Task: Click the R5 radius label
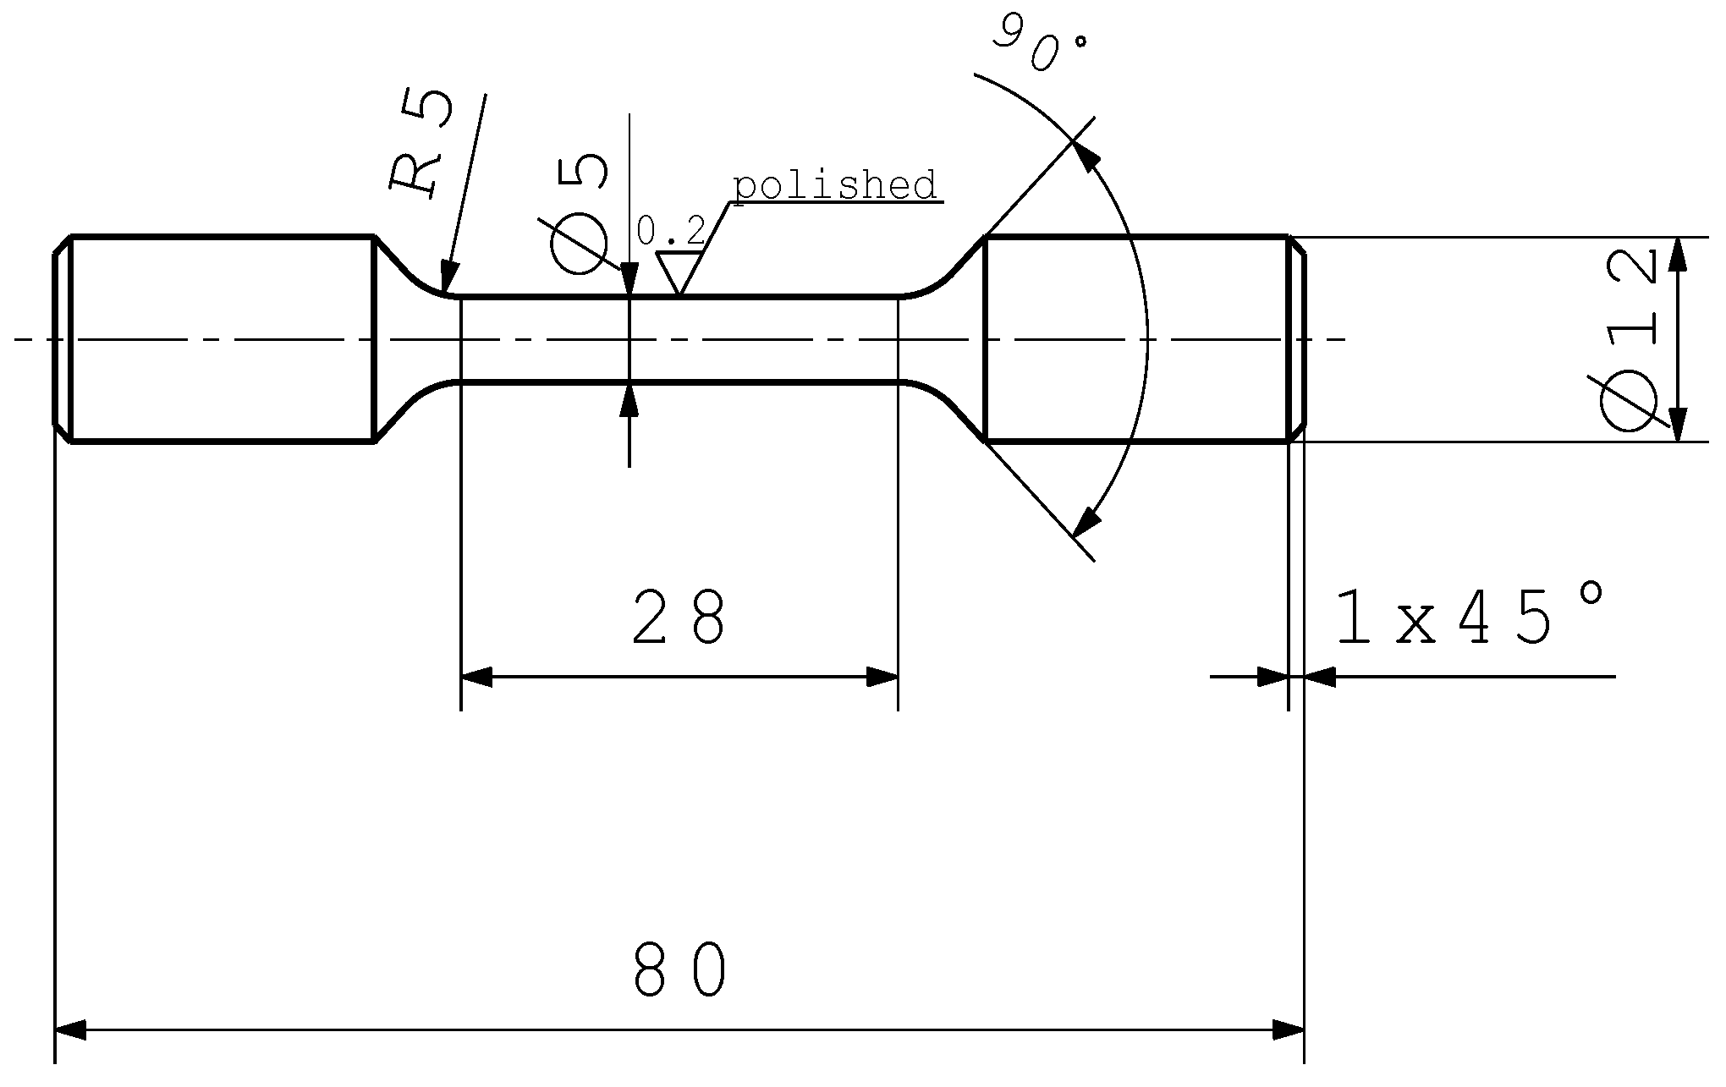[x=421, y=144]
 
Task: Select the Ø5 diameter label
[x=580, y=213]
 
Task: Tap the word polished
[x=835, y=184]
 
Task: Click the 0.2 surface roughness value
[x=670, y=230]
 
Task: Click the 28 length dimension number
[x=679, y=618]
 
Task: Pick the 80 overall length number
[x=680, y=970]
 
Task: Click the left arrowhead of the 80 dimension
[x=70, y=1029]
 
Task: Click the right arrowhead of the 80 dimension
[x=1289, y=1029]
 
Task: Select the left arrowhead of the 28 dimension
[x=476, y=677]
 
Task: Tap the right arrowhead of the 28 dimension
[x=882, y=677]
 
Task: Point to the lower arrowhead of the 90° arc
[x=1088, y=520]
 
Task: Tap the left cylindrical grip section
[x=222, y=338]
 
